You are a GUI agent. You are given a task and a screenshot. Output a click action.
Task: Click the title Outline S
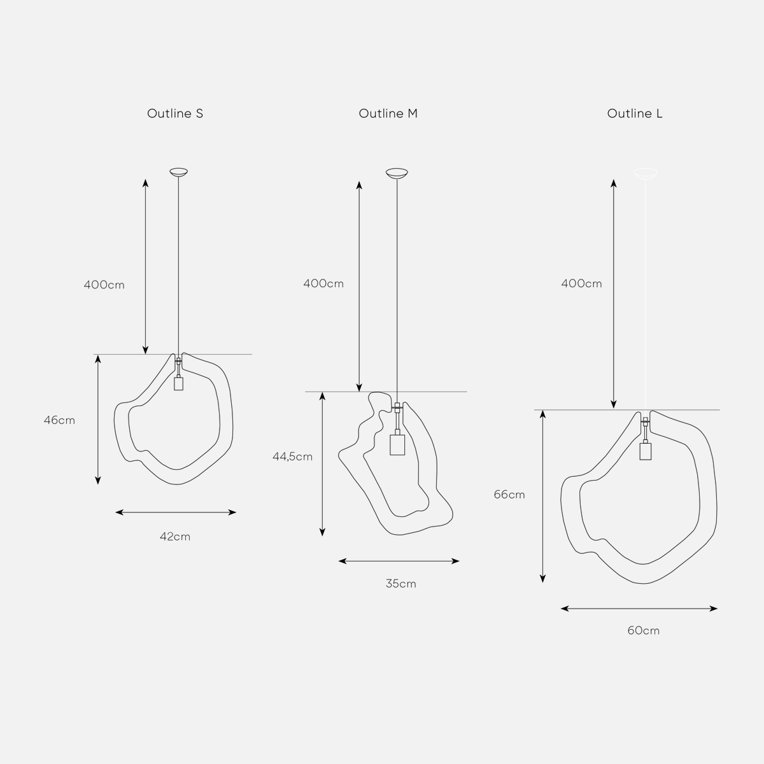(x=175, y=114)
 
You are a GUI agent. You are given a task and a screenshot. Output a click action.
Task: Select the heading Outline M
(x=388, y=114)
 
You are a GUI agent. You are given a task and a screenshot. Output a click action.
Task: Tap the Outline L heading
(x=635, y=114)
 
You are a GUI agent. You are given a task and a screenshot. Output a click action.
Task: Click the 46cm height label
(x=59, y=420)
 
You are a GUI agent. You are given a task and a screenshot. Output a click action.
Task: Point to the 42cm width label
(x=175, y=537)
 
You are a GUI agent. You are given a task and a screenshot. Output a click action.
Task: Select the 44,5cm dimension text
(x=292, y=456)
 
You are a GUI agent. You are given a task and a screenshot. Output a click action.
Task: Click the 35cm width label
(x=400, y=584)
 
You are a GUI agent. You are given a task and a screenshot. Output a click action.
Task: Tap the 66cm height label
(x=509, y=495)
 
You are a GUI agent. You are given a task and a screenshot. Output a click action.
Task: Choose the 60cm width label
(x=643, y=631)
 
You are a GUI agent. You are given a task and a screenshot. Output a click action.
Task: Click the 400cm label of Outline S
(x=104, y=285)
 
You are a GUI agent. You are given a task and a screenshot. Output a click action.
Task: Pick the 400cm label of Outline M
(x=323, y=283)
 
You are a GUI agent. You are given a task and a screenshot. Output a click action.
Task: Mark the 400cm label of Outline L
(x=581, y=283)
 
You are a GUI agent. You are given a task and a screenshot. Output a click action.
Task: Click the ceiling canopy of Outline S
(x=179, y=172)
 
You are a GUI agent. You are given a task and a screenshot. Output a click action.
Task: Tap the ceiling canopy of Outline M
(x=397, y=173)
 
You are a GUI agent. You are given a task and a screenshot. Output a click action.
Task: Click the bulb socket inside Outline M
(x=397, y=444)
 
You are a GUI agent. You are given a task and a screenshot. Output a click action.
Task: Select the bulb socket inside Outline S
(x=178, y=383)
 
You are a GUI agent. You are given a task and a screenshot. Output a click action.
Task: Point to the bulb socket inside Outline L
(x=646, y=451)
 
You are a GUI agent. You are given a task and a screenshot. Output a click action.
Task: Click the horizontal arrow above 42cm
(x=176, y=512)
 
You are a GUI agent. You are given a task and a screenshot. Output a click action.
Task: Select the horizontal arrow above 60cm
(x=639, y=609)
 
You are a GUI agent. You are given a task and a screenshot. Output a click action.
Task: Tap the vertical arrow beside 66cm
(x=542, y=496)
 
